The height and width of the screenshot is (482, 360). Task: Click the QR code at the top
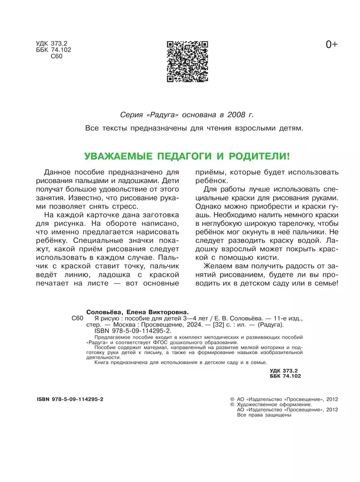click(187, 61)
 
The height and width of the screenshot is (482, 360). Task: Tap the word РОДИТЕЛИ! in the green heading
click(261, 157)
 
